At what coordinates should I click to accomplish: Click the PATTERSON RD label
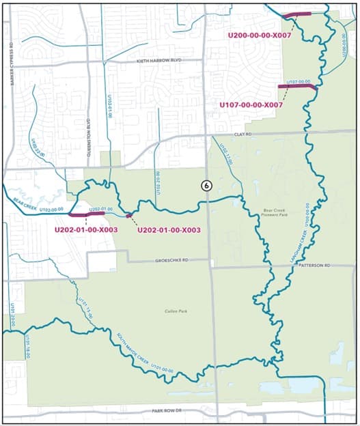(x=314, y=265)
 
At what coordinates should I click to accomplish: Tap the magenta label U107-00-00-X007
(x=251, y=105)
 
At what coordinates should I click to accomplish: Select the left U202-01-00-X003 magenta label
(x=86, y=230)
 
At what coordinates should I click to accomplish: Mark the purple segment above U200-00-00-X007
(x=297, y=14)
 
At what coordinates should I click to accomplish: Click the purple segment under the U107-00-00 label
(x=296, y=87)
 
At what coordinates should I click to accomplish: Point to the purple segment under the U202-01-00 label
(x=86, y=214)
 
